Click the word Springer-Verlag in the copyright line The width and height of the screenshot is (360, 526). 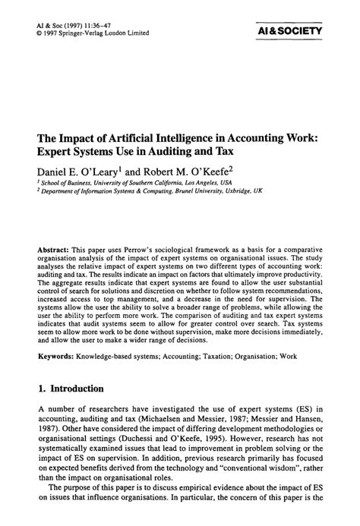click(85, 33)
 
